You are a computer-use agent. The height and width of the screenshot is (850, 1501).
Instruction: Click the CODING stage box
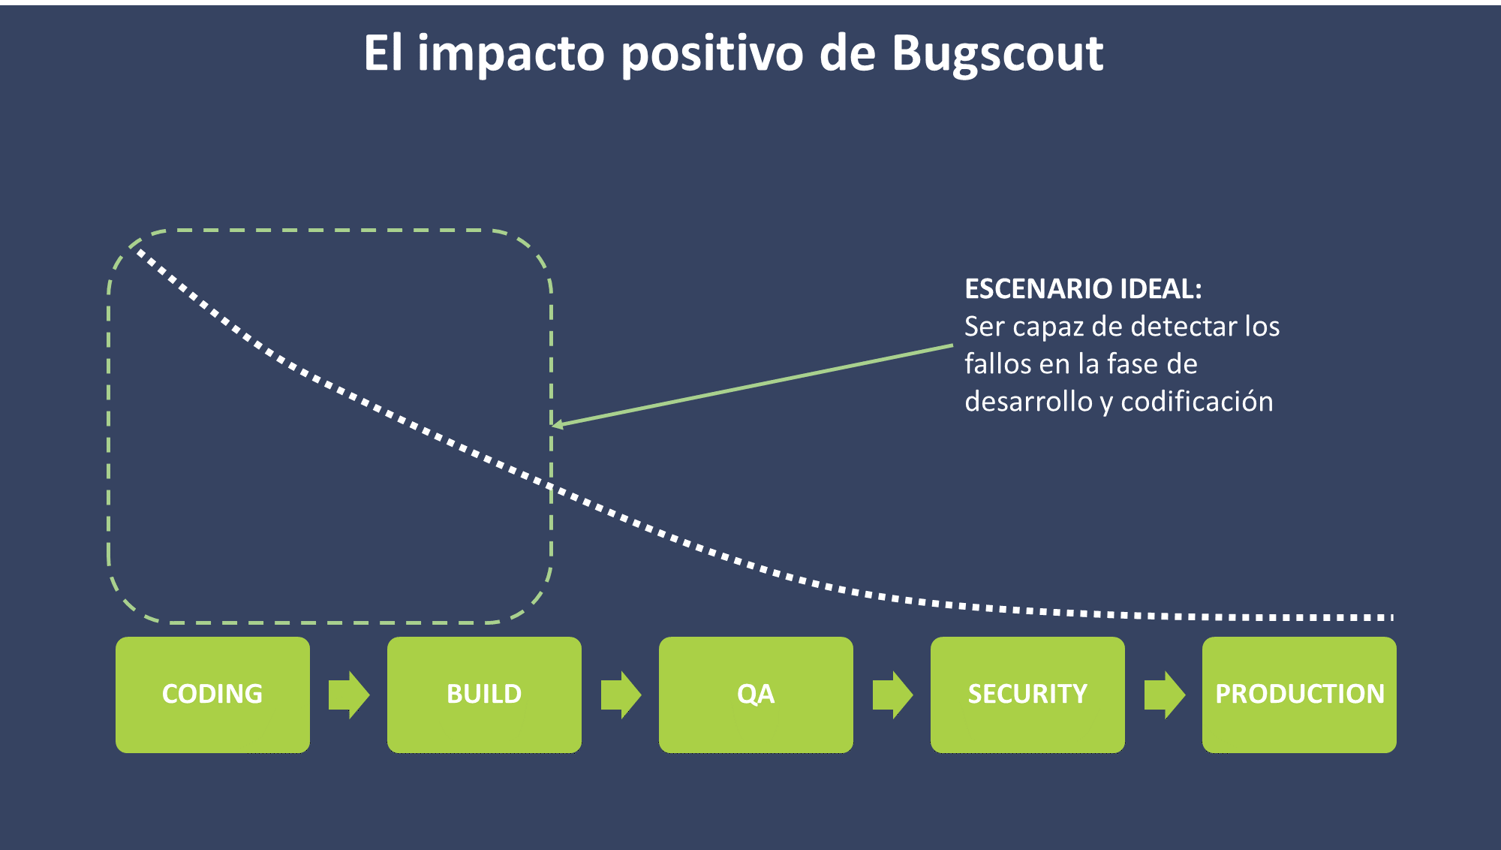(212, 695)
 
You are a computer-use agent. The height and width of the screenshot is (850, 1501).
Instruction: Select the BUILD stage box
(484, 695)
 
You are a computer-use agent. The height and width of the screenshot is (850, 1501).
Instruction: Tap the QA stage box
(756, 695)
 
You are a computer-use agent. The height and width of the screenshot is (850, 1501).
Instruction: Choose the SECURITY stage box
(1027, 695)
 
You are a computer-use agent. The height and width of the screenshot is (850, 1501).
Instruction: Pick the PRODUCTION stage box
(1299, 695)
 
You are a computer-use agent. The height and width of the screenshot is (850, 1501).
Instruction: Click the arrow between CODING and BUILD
(349, 695)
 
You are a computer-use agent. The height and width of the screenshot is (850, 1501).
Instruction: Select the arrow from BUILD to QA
(621, 695)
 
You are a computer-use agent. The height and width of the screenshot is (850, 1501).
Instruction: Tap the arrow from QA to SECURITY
(892, 695)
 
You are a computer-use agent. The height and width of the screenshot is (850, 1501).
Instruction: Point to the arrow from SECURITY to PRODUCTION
(1164, 695)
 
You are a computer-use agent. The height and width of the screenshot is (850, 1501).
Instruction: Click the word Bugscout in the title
(997, 54)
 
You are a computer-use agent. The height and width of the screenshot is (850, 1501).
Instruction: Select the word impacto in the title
(511, 55)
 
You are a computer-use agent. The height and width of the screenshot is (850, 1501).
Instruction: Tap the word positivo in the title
(712, 55)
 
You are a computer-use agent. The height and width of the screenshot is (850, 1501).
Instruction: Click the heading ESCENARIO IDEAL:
(1083, 289)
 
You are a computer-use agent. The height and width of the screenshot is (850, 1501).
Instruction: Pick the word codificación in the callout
(1197, 402)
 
